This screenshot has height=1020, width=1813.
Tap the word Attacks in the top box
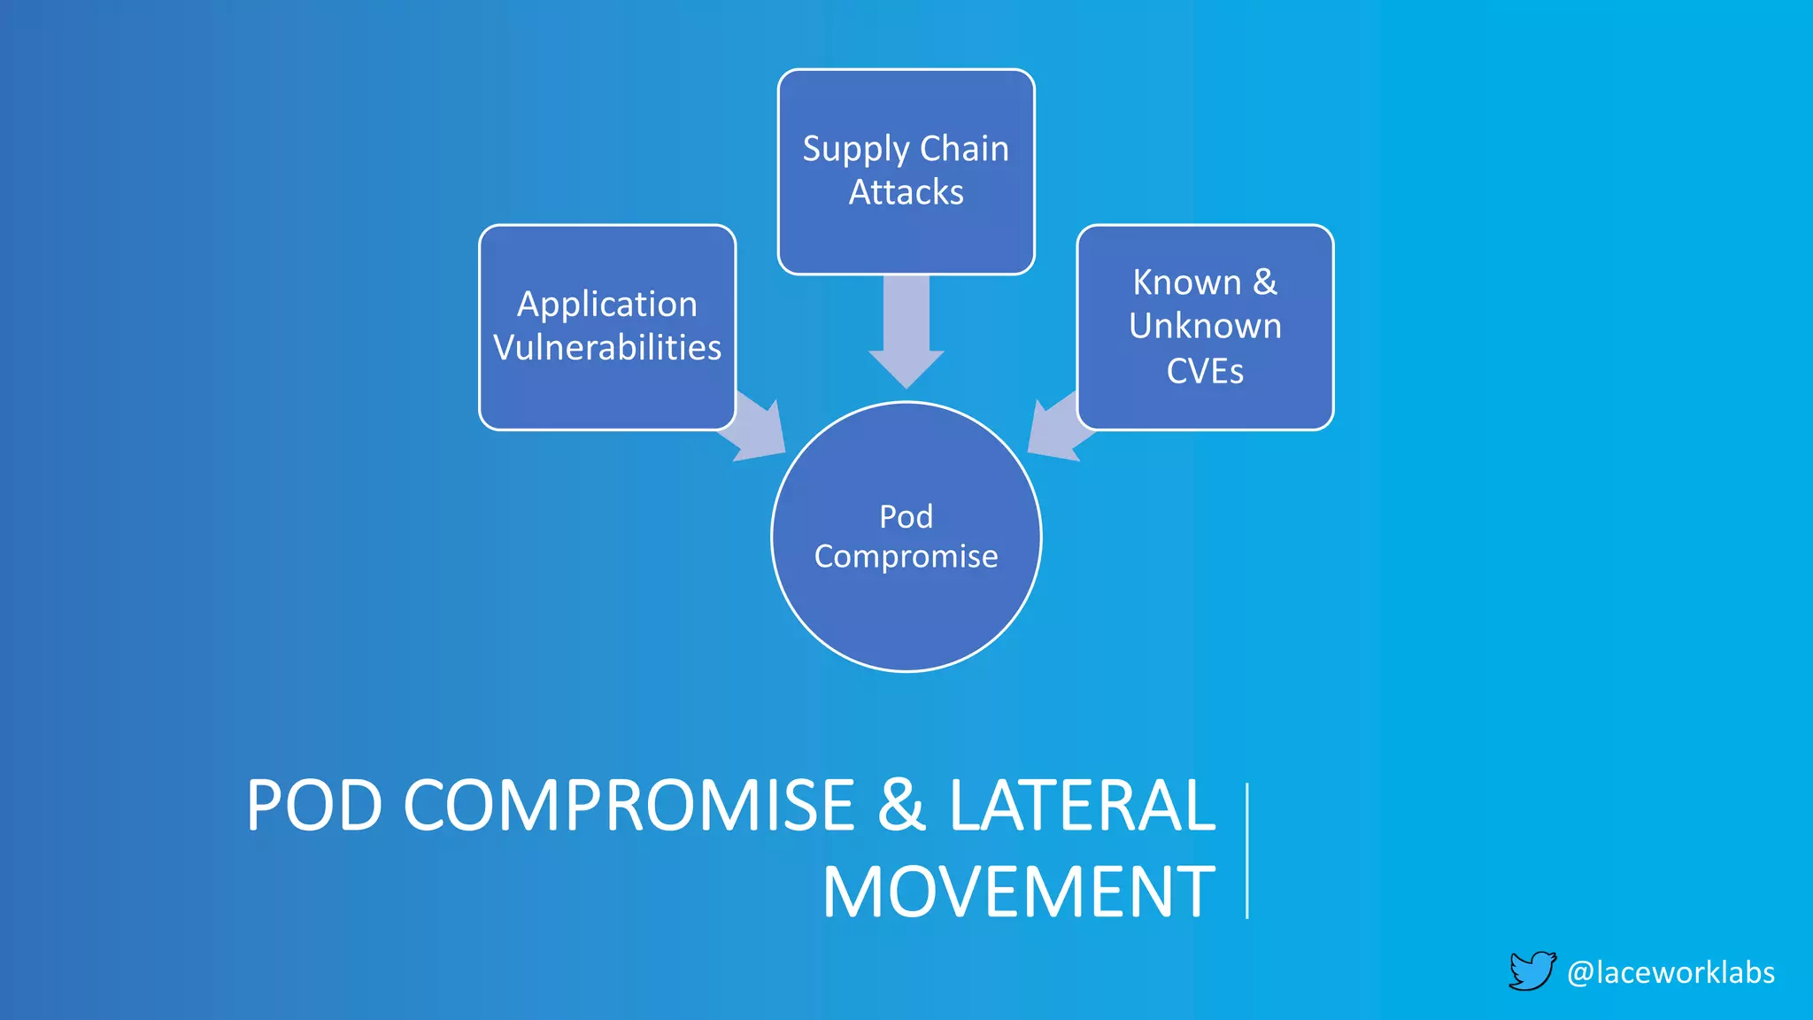906,192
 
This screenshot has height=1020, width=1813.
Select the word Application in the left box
607,305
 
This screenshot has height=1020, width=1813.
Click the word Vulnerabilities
607,348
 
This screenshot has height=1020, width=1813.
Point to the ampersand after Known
1265,282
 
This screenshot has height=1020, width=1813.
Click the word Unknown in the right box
1205,326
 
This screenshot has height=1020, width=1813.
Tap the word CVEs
1205,371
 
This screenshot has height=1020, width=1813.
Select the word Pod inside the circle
906,516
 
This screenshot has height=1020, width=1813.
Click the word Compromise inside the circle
906,557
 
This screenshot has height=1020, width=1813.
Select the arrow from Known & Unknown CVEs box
1057,429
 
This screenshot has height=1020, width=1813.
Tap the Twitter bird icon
1531,971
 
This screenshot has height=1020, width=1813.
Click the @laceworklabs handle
1670,972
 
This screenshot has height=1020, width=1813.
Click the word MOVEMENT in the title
1019,892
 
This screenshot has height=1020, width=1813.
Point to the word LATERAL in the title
1082,806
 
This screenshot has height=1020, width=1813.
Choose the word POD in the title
314,806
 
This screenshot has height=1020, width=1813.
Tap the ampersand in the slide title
901,806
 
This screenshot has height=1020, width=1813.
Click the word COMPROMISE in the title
629,806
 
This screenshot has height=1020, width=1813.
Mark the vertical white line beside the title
1246,850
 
